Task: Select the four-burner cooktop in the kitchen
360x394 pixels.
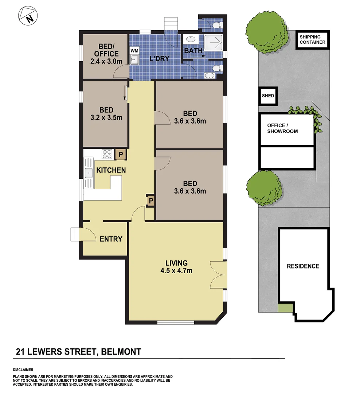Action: [x=107, y=154]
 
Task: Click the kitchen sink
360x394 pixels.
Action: [x=89, y=173]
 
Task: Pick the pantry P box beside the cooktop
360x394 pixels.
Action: [x=120, y=154]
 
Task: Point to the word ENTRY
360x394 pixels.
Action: [x=111, y=239]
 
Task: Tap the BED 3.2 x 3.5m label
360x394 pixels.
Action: [x=106, y=113]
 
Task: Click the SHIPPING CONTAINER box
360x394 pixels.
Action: [x=312, y=39]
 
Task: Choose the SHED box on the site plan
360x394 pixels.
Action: [x=268, y=96]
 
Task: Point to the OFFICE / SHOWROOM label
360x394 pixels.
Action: [x=282, y=128]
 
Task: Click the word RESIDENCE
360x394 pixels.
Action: [x=303, y=266]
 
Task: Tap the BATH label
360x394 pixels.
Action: [x=193, y=51]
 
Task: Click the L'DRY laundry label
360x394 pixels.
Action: [x=160, y=58]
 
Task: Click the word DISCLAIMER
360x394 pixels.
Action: [x=23, y=370]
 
